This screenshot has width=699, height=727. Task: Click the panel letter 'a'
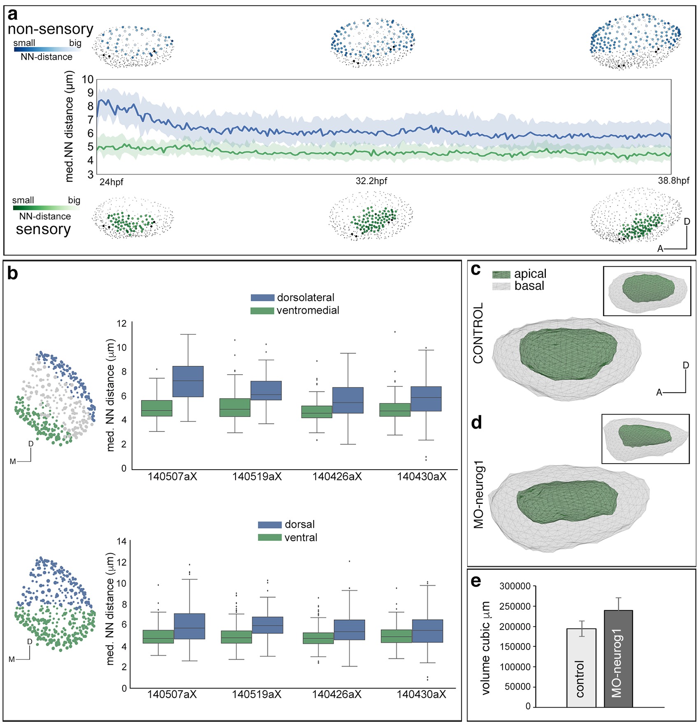pyautogui.click(x=13, y=14)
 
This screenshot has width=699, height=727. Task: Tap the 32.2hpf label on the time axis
pyautogui.click(x=371, y=181)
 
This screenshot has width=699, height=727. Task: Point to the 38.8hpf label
pyautogui.click(x=673, y=180)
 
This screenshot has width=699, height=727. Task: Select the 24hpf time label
pyautogui.click(x=111, y=182)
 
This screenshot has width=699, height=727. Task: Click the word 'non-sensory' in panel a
pyautogui.click(x=50, y=29)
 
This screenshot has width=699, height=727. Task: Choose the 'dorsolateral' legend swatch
pyautogui.click(x=263, y=298)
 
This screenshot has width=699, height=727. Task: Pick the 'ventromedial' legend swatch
pyautogui.click(x=262, y=310)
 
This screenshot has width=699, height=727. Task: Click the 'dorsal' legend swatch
pyautogui.click(x=270, y=524)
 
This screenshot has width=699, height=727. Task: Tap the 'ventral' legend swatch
pyautogui.click(x=270, y=537)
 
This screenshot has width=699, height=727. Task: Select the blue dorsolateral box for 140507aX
pyautogui.click(x=188, y=382)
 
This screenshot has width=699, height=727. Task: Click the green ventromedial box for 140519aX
pyautogui.click(x=235, y=408)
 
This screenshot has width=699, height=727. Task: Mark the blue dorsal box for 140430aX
pyautogui.click(x=427, y=631)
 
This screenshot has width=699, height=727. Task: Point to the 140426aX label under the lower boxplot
pyautogui.click(x=337, y=694)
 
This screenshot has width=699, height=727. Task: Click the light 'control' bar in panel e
pyautogui.click(x=581, y=668)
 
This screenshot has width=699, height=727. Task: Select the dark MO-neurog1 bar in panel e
pyautogui.click(x=618, y=659)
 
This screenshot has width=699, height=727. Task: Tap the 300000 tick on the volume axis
pyautogui.click(x=515, y=586)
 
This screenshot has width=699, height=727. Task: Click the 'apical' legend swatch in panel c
pyautogui.click(x=501, y=275)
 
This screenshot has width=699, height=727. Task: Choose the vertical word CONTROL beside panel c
pyautogui.click(x=478, y=333)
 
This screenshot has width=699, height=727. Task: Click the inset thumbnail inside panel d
pyautogui.click(x=645, y=439)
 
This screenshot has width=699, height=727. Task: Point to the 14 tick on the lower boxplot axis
pyautogui.click(x=121, y=541)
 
